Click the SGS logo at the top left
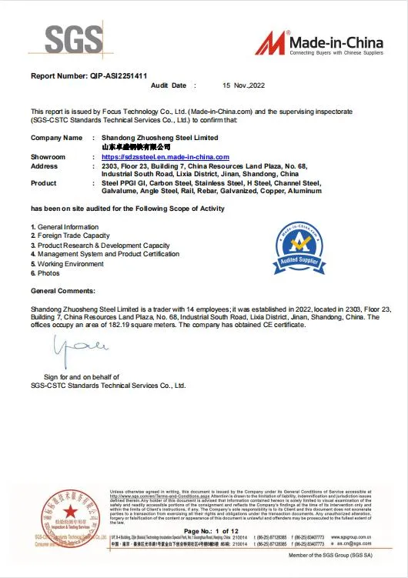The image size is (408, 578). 74,38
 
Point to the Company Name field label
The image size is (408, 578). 56,137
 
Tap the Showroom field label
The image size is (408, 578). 48,157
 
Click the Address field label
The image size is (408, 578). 44,165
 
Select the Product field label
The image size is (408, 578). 44,183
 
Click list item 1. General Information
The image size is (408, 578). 65,227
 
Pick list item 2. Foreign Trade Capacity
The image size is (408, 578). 70,236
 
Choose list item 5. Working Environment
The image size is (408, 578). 68,264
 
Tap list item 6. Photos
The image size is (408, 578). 45,273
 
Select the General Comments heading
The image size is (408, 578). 63,291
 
